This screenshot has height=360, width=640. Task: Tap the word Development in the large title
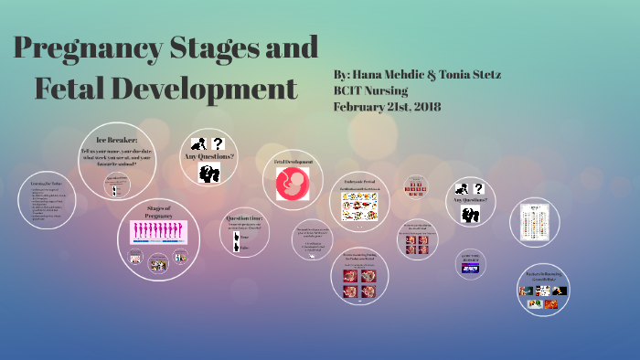click(209, 90)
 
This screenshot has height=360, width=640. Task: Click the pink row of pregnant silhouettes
click(159, 231)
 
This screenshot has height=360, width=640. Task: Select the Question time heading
click(245, 218)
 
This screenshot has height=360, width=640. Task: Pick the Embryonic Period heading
click(360, 183)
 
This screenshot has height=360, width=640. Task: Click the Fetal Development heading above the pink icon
click(293, 162)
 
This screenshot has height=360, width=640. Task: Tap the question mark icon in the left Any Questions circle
click(219, 143)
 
